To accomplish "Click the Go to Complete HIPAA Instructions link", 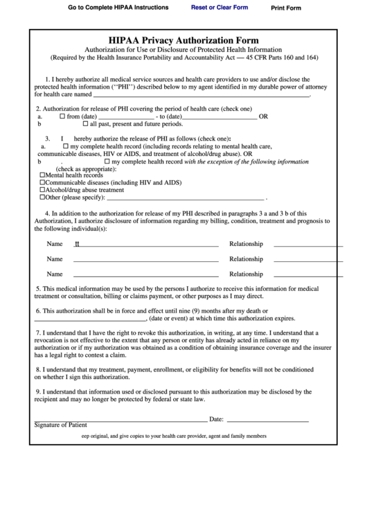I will pos(118,8).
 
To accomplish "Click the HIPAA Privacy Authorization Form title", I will pos(183,41).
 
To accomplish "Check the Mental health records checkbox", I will pos(42,175).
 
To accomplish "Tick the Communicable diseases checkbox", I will pos(42,182).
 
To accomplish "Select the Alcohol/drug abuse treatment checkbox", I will pos(42,189).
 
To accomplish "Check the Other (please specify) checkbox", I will pos(42,197).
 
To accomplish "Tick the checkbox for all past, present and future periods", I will pos(85,124).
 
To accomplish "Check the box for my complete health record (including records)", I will pos(66,147).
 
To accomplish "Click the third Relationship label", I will pos(246,274).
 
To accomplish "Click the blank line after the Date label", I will pos(267,419).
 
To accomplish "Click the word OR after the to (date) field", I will pos(263,117).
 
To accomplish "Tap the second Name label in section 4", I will pos(55,259).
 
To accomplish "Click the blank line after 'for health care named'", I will pos(201,94).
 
